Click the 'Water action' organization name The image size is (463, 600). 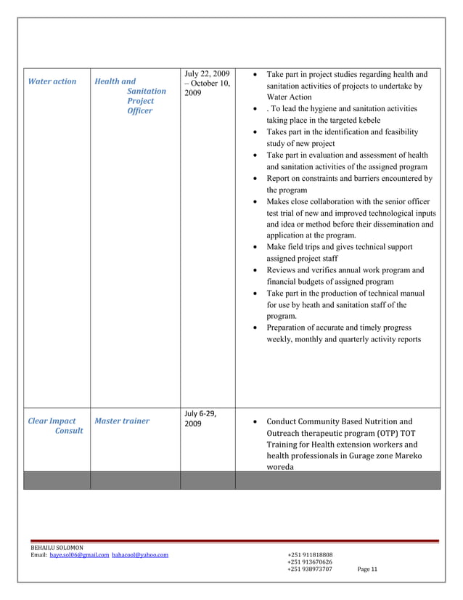(x=52, y=81)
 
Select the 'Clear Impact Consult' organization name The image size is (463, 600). (x=56, y=426)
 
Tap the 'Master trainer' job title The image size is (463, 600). (x=123, y=421)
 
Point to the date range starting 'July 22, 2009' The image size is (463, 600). (x=207, y=84)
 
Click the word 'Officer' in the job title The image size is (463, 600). (x=140, y=111)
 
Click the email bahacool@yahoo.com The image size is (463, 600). (x=140, y=554)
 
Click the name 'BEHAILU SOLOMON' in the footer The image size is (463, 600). (x=57, y=546)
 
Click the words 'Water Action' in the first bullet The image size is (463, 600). (x=289, y=97)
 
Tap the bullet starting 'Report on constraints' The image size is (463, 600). (x=349, y=178)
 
